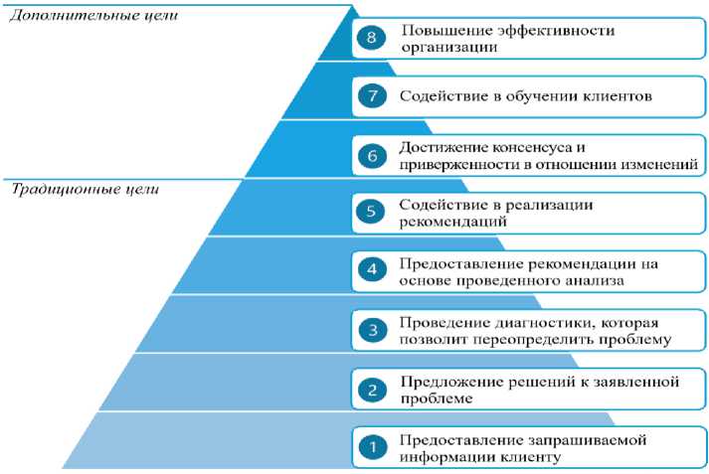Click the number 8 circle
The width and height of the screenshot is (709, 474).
click(x=373, y=38)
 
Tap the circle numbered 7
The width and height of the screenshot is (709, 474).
click(x=373, y=97)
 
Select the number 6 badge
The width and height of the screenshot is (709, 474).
click(x=373, y=155)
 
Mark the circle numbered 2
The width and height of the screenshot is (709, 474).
click(x=372, y=389)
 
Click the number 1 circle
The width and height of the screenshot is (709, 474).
click(x=372, y=448)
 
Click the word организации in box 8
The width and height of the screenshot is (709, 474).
click(x=443, y=47)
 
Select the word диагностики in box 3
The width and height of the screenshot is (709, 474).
click(x=533, y=322)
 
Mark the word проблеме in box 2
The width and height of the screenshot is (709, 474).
click(x=438, y=398)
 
